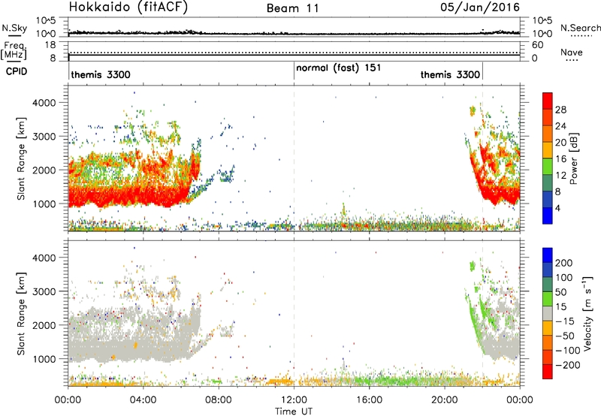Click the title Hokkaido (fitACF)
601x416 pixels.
click(128, 7)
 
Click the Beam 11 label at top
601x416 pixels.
click(292, 8)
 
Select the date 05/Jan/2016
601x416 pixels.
click(480, 8)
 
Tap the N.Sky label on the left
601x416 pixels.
click(14, 28)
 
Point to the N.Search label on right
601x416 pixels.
click(581, 28)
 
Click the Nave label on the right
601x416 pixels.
click(572, 52)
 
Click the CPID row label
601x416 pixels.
click(17, 71)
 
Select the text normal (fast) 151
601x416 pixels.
click(339, 68)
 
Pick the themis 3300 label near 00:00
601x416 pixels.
click(101, 74)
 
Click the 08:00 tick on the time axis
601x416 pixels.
click(219, 400)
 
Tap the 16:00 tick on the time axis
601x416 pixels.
click(369, 400)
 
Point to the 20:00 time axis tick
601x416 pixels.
click(445, 400)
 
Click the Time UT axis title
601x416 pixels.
click(294, 411)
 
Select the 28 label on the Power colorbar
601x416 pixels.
click(560, 110)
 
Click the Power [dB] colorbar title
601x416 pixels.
click(574, 158)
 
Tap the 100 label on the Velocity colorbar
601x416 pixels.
click(564, 278)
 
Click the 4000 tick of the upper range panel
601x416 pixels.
click(44, 103)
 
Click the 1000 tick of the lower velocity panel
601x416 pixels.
click(44, 359)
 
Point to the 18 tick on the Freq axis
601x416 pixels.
click(50, 45)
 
